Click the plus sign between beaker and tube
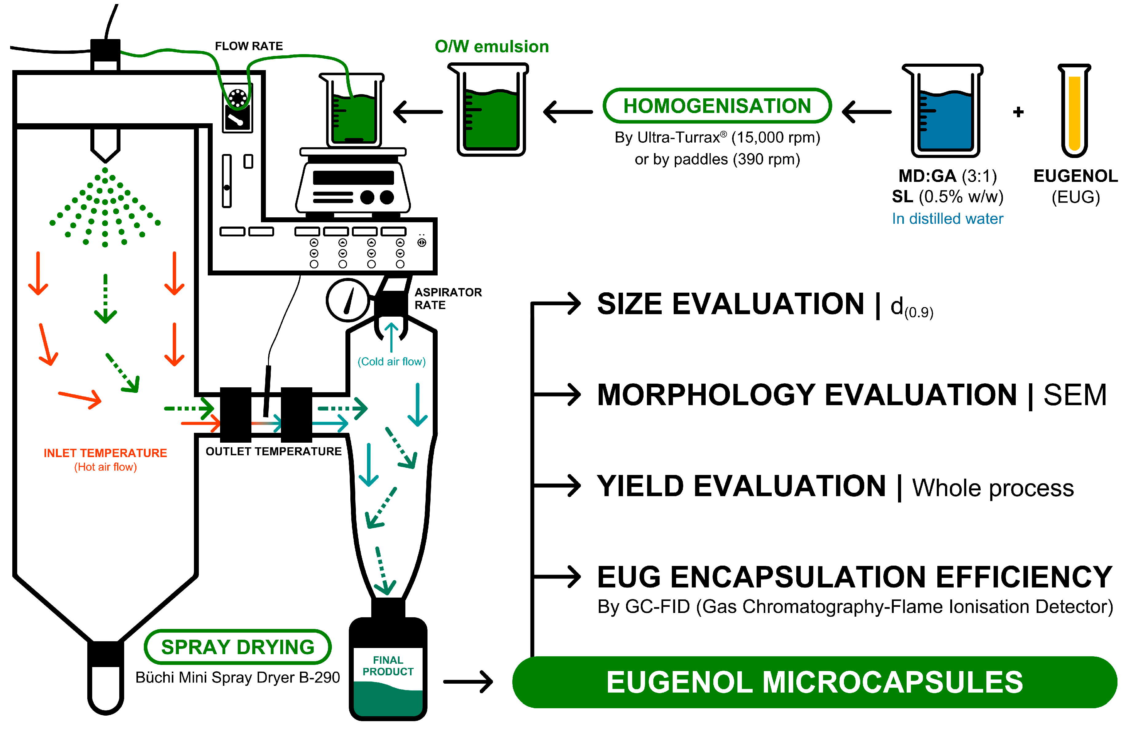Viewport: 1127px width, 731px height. click(x=1018, y=112)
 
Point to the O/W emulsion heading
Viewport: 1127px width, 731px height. click(x=491, y=46)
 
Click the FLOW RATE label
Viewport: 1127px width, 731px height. click(x=249, y=46)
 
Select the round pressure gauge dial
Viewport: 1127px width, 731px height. click(x=348, y=300)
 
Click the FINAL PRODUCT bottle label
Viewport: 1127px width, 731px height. click(x=388, y=665)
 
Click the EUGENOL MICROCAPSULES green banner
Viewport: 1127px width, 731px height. click(x=814, y=682)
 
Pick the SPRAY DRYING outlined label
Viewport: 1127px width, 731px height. click(x=238, y=647)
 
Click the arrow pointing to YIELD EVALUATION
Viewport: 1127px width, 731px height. click(x=559, y=486)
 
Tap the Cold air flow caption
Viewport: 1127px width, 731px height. click(x=391, y=362)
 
